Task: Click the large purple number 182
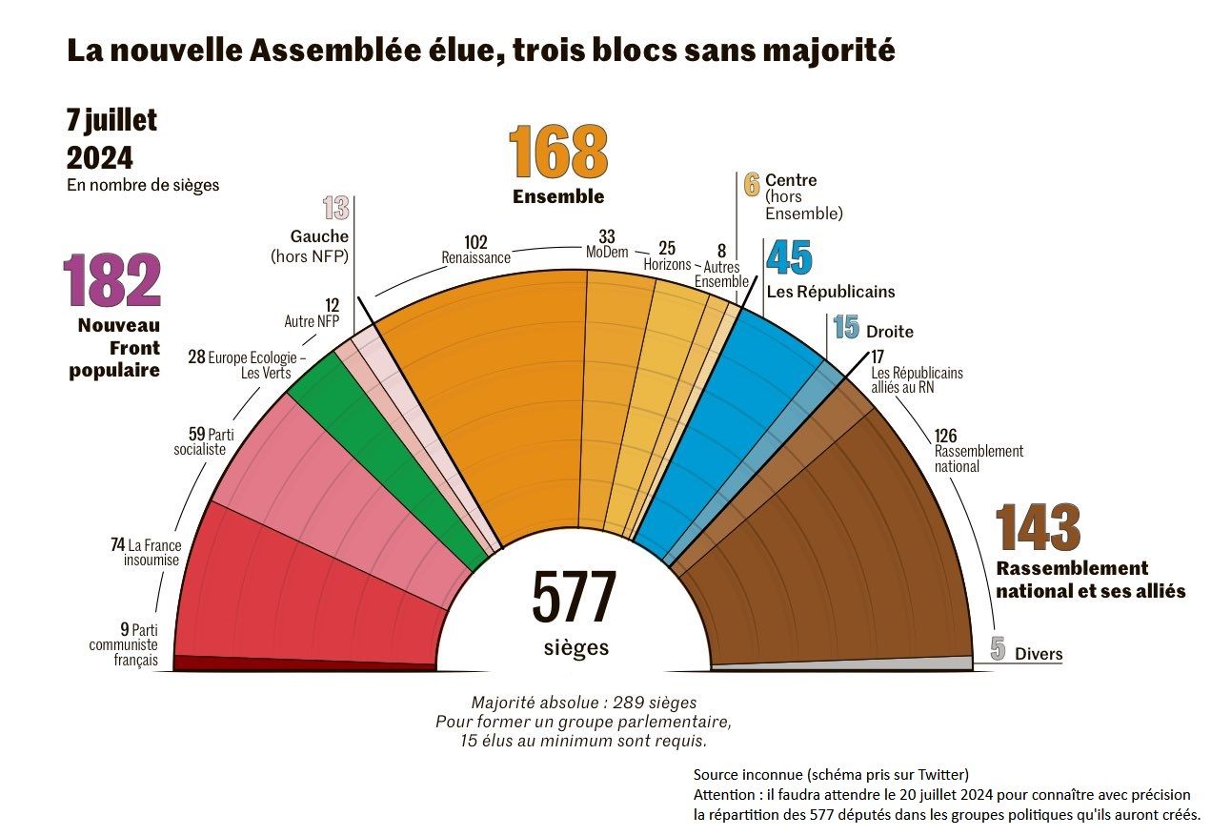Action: [111, 281]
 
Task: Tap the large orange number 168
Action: [557, 152]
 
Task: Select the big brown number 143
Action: [1038, 528]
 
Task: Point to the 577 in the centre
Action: [574, 598]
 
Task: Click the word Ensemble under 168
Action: [558, 197]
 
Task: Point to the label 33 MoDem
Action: [607, 243]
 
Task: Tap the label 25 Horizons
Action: [667, 256]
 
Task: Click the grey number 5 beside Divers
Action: [998, 650]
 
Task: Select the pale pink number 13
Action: [335, 208]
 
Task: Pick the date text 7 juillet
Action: [111, 121]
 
